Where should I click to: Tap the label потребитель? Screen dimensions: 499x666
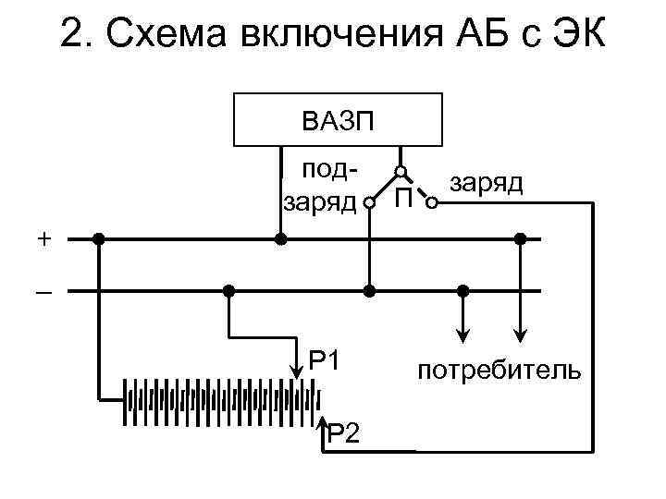click(x=499, y=371)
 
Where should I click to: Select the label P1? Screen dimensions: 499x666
click(x=326, y=359)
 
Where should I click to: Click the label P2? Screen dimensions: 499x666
click(x=343, y=431)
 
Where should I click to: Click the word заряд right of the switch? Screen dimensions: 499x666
click(x=486, y=184)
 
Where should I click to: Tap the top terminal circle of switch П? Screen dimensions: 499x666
click(x=401, y=172)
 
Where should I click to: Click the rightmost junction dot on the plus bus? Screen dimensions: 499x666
click(x=521, y=238)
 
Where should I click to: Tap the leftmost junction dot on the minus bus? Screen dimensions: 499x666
click(x=228, y=291)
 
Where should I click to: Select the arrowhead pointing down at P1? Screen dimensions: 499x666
click(x=297, y=371)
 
